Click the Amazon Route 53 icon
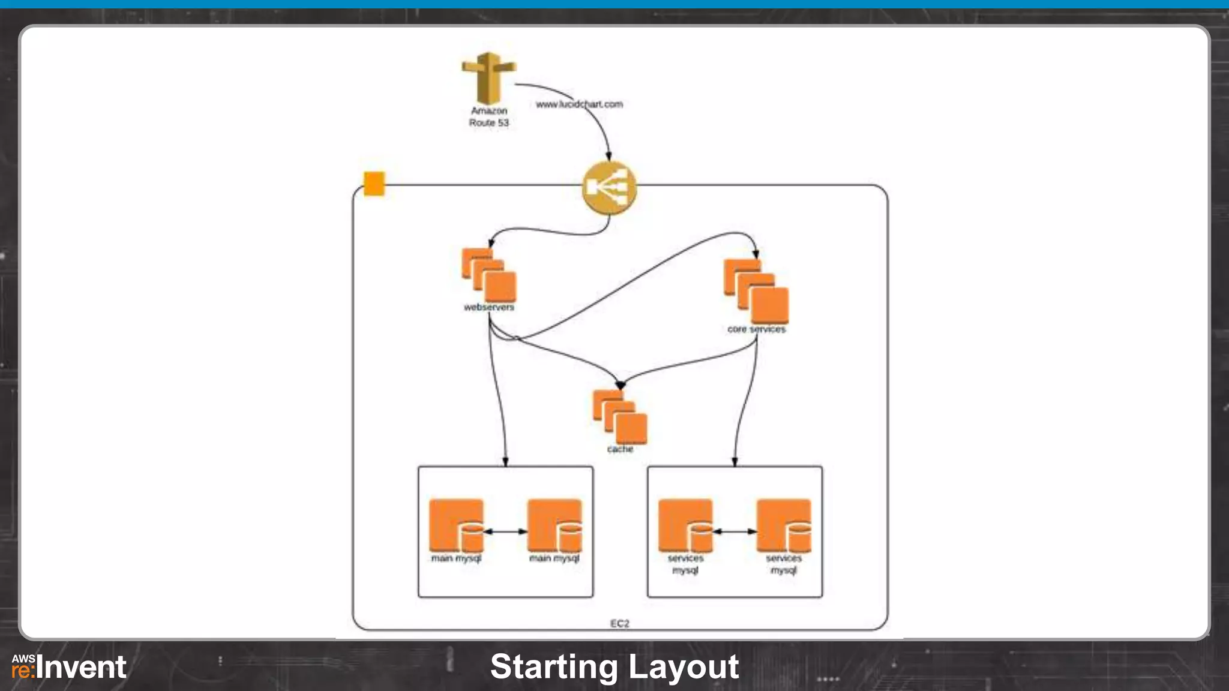pos(488,77)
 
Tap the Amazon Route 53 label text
pos(488,116)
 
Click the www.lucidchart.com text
pos(579,104)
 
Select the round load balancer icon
pos(608,188)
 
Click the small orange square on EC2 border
pos(374,184)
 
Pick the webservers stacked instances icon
pos(488,275)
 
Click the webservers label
pos(488,307)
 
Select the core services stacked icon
pos(756,291)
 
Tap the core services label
pos(756,329)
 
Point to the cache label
pos(620,449)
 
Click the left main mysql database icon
pos(456,526)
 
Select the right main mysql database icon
pos(554,526)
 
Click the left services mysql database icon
pos(685,526)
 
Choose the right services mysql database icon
pos(784,526)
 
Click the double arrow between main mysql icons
pos(505,531)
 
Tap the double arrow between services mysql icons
pos(735,531)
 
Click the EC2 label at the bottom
pos(619,623)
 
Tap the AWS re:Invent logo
pos(69,667)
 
